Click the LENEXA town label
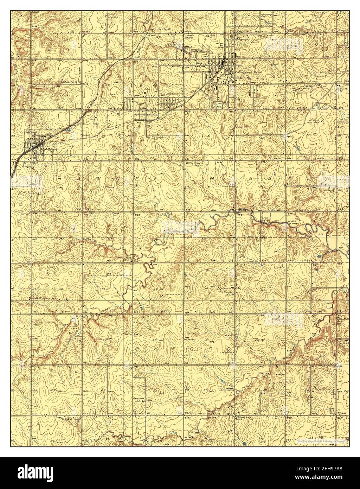click(48, 144)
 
